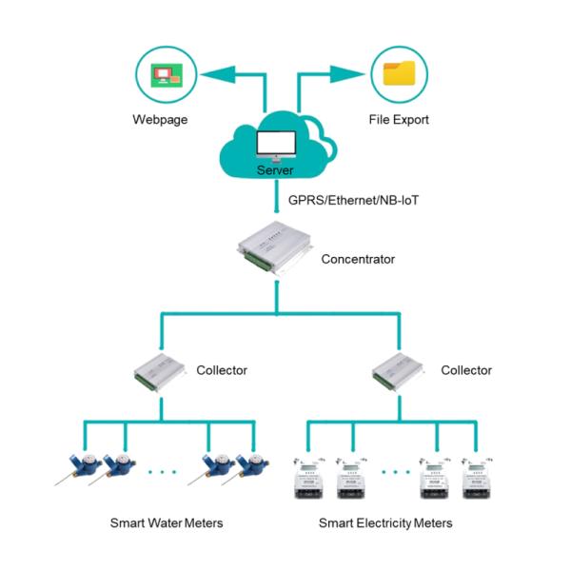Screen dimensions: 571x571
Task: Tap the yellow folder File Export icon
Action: pyautogui.click(x=398, y=73)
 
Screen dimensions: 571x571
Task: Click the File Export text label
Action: pyautogui.click(x=398, y=121)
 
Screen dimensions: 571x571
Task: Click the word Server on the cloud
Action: pyautogui.click(x=277, y=170)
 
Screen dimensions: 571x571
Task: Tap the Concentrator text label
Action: pyautogui.click(x=357, y=258)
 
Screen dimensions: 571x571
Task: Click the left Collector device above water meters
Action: pyautogui.click(x=160, y=371)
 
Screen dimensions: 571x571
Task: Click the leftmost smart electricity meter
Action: pyautogui.click(x=309, y=476)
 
